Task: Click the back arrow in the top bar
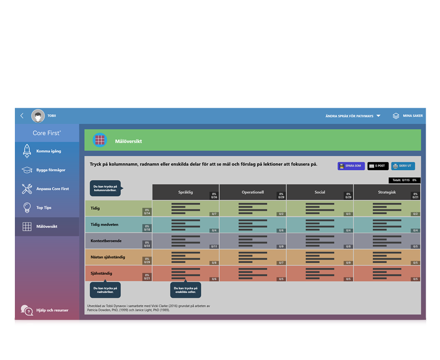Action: click(22, 116)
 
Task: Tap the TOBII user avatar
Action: click(38, 116)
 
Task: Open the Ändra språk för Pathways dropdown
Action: click(353, 116)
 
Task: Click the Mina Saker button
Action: click(408, 116)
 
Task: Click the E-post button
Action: click(378, 166)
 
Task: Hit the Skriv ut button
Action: click(403, 166)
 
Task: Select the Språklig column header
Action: click(186, 192)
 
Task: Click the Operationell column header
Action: click(253, 192)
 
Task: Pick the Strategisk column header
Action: click(387, 192)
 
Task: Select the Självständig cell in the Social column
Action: click(320, 273)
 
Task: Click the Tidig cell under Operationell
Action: click(253, 209)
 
